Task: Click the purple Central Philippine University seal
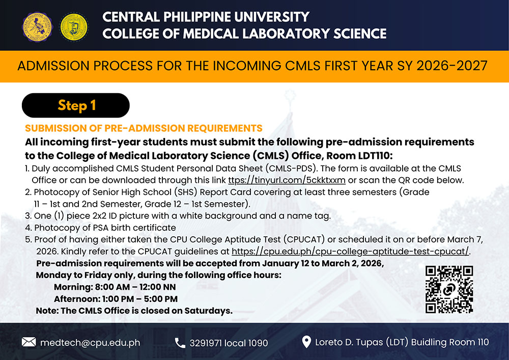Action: (x=37, y=27)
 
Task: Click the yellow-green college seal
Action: (x=74, y=27)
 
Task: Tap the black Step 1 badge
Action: (x=76, y=105)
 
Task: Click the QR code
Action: (x=449, y=290)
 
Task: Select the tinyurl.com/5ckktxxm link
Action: (x=287, y=180)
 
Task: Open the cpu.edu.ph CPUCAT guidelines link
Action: (x=350, y=251)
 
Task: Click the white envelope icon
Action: (x=29, y=342)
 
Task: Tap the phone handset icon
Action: (x=180, y=343)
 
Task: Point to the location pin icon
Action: (x=306, y=342)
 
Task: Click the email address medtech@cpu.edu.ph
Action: (x=90, y=343)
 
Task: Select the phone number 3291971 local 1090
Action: (x=229, y=343)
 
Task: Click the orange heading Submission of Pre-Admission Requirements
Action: (x=144, y=128)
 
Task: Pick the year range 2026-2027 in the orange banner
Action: (x=452, y=66)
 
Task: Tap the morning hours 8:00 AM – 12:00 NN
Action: (x=135, y=287)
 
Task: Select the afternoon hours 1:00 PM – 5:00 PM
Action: (x=140, y=299)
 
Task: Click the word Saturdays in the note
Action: (x=208, y=311)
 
